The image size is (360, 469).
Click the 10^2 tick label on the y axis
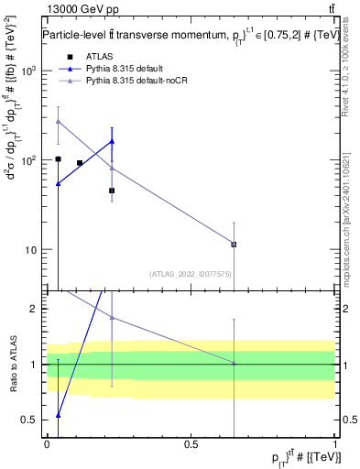pos(30,160)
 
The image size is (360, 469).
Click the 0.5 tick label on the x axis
pos(191,443)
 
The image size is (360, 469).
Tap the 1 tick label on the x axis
pos(335,443)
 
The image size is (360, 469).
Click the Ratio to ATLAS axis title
pos(12,365)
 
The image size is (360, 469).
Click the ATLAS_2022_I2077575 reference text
pos(191,273)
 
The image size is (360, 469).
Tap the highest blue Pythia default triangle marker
pos(112,141)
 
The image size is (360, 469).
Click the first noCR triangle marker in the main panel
pos(58,121)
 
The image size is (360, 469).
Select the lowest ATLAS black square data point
pos(234,244)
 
